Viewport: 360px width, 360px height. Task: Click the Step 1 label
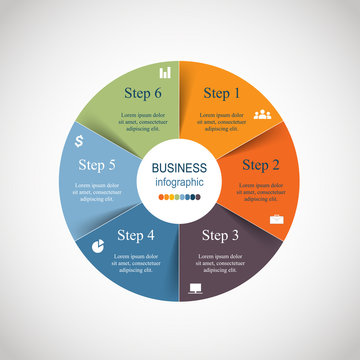click(222, 94)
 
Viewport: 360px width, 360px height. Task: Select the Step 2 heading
click(261, 165)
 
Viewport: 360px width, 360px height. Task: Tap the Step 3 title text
click(221, 237)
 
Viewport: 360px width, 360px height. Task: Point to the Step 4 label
click(136, 237)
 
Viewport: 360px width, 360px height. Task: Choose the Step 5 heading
click(96, 165)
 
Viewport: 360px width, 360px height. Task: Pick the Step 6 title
click(142, 94)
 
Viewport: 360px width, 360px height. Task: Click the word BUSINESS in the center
click(180, 169)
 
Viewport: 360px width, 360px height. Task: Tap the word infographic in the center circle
click(180, 183)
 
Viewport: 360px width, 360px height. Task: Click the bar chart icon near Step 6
click(166, 71)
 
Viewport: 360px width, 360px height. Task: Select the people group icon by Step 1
click(263, 115)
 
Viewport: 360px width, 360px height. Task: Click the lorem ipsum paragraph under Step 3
click(221, 264)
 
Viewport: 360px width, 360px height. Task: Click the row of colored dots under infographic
click(180, 198)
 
